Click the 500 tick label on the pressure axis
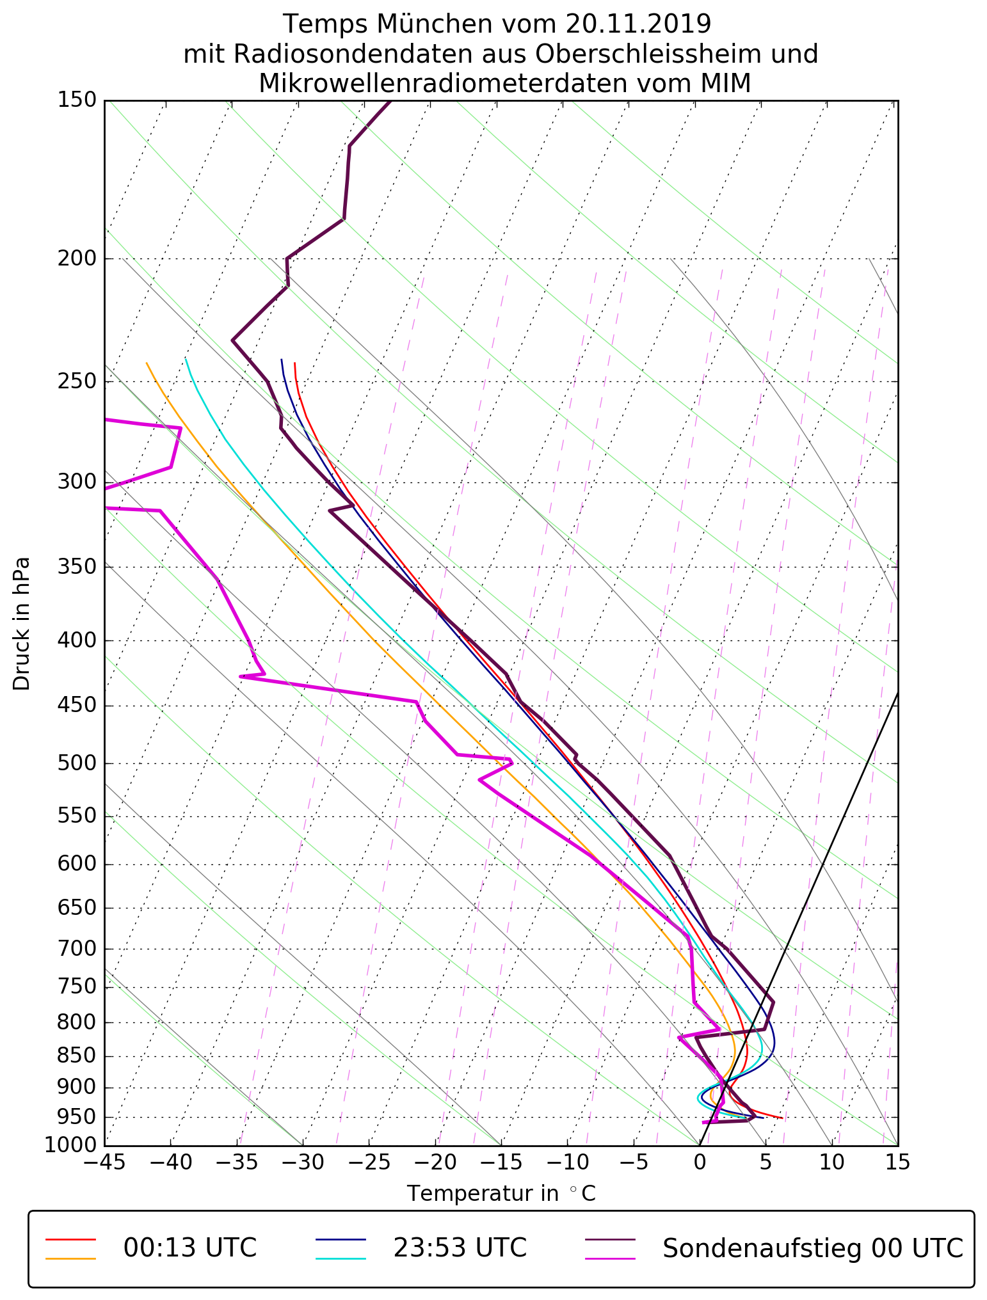click(x=77, y=763)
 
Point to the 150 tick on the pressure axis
click(x=77, y=100)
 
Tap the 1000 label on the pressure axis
click(x=70, y=1145)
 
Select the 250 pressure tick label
click(x=77, y=382)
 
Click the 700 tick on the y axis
click(x=77, y=949)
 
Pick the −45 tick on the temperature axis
click(x=104, y=1161)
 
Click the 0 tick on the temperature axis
click(x=700, y=1161)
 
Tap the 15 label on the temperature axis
click(x=897, y=1161)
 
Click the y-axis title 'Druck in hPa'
click(x=22, y=624)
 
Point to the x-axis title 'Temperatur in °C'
click(x=501, y=1194)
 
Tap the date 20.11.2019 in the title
click(x=638, y=24)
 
